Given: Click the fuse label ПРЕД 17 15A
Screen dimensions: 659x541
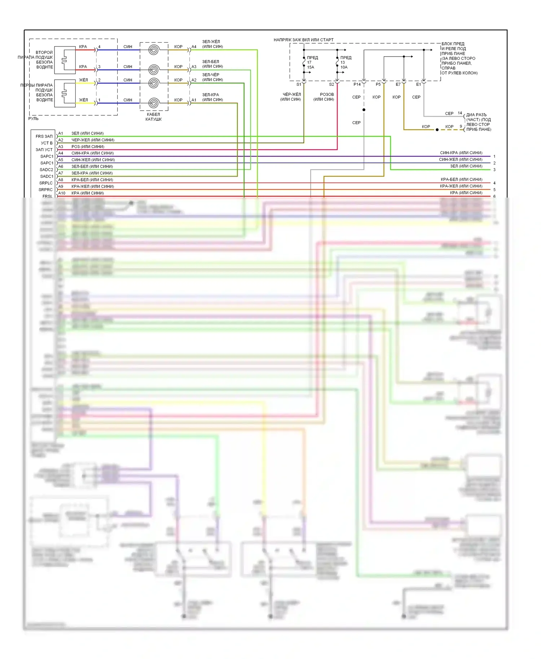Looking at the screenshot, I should pos(312,62).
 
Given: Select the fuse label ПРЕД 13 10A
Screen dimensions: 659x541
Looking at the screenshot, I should pos(345,62).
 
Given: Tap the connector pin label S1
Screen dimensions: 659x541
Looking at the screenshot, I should pos(299,84).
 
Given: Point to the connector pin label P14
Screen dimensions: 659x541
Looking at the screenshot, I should pos(357,84).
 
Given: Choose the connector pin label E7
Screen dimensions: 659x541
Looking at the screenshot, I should pos(398,84).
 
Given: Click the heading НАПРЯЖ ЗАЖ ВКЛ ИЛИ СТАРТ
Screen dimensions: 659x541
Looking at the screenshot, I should pos(303,40).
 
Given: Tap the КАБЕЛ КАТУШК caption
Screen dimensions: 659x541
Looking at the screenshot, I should pos(153,117).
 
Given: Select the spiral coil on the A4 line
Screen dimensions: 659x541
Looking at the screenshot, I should pos(154,50).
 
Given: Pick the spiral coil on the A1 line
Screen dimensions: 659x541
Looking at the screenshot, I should pos(154,103).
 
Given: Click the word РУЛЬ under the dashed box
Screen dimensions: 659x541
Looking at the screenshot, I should pos(34,119).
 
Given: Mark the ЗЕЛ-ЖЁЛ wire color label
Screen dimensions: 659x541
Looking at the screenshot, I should pos(211,42).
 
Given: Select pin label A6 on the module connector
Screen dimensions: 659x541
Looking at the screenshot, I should pos(61,167).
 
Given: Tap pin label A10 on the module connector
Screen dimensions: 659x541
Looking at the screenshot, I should pos(62,193).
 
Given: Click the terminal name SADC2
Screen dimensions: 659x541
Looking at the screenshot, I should pos(46,170).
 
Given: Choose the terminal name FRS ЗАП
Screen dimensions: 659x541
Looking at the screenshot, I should pos(44,136).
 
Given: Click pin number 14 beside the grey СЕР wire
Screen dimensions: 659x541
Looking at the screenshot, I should pos(460,113).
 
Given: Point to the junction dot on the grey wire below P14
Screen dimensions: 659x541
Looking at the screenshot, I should pos(364,110).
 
